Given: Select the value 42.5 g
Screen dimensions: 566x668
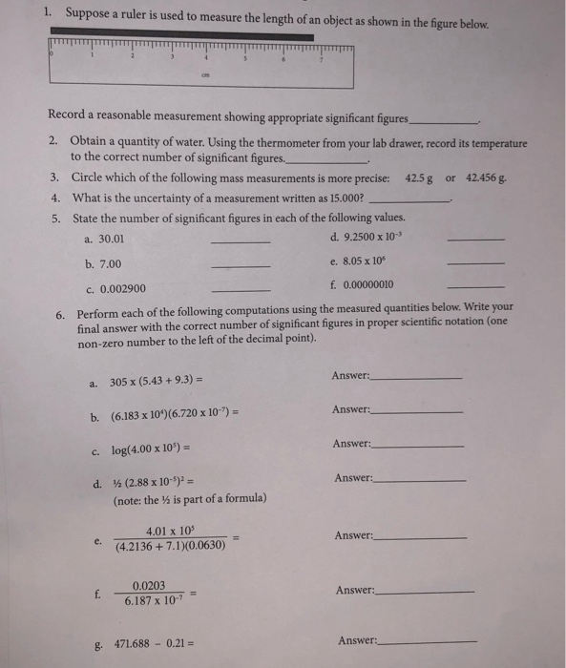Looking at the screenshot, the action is (420, 177).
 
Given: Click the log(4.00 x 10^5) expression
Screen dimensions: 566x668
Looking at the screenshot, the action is (157, 449).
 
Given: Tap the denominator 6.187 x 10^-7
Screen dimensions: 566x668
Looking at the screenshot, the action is (157, 602).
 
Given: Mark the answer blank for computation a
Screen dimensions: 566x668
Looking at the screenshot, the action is (415, 378).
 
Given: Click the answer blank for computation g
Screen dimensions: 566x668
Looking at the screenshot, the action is (428, 642).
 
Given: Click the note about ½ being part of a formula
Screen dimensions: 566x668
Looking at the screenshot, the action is (190, 499).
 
